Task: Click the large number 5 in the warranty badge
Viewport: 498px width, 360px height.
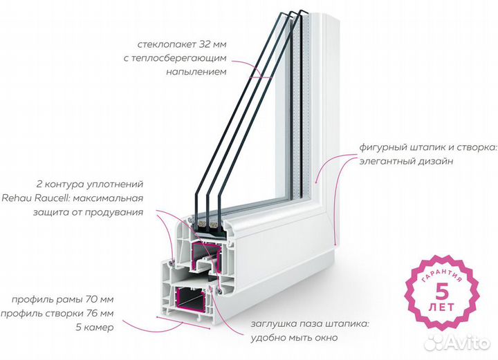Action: tap(442, 292)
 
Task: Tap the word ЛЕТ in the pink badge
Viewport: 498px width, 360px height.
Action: tap(442, 307)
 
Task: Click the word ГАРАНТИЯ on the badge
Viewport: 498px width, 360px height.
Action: tap(442, 272)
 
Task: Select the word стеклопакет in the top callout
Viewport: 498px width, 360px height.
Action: tap(167, 44)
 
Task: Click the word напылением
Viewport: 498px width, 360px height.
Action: tap(196, 72)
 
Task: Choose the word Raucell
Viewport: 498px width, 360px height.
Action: tap(53, 198)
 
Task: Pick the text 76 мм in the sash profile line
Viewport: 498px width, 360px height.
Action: tap(100, 314)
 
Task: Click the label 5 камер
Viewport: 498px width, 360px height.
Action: tap(94, 327)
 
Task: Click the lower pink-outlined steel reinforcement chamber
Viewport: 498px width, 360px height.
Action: tap(190, 299)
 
